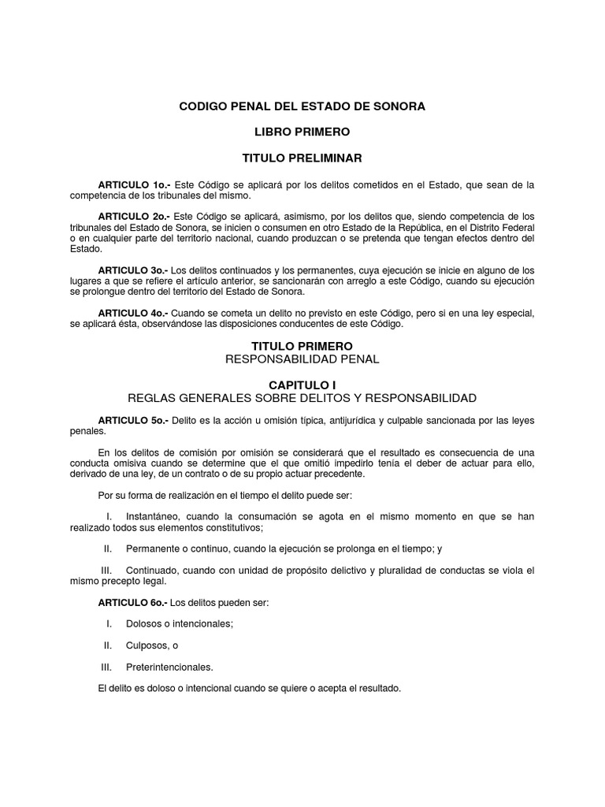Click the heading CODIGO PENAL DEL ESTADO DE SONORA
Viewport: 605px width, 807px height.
[x=302, y=106]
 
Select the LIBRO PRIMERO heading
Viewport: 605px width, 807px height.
[x=302, y=132]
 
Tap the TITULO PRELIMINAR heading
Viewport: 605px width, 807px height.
[x=302, y=158]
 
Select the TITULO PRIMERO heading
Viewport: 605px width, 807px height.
[x=302, y=346]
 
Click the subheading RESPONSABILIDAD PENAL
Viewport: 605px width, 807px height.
[x=302, y=359]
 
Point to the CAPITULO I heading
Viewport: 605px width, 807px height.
[x=302, y=385]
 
